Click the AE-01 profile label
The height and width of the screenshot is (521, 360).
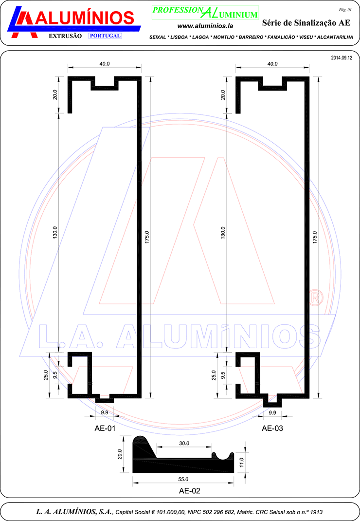coord(105,428)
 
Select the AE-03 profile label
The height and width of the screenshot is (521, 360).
coord(272,428)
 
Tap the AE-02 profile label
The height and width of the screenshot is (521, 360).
coord(190,491)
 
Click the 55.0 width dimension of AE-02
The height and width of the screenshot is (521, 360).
coord(183,479)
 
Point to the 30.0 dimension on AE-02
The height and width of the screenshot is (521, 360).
coord(184,443)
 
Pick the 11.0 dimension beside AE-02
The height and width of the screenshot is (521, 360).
coord(241,462)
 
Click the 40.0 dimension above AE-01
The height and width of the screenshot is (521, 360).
coord(105,64)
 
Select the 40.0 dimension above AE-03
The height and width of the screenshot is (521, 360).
coord(272,64)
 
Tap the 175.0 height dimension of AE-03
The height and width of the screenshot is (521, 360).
coord(315,238)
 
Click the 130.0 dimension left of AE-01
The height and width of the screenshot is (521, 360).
coord(55,232)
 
